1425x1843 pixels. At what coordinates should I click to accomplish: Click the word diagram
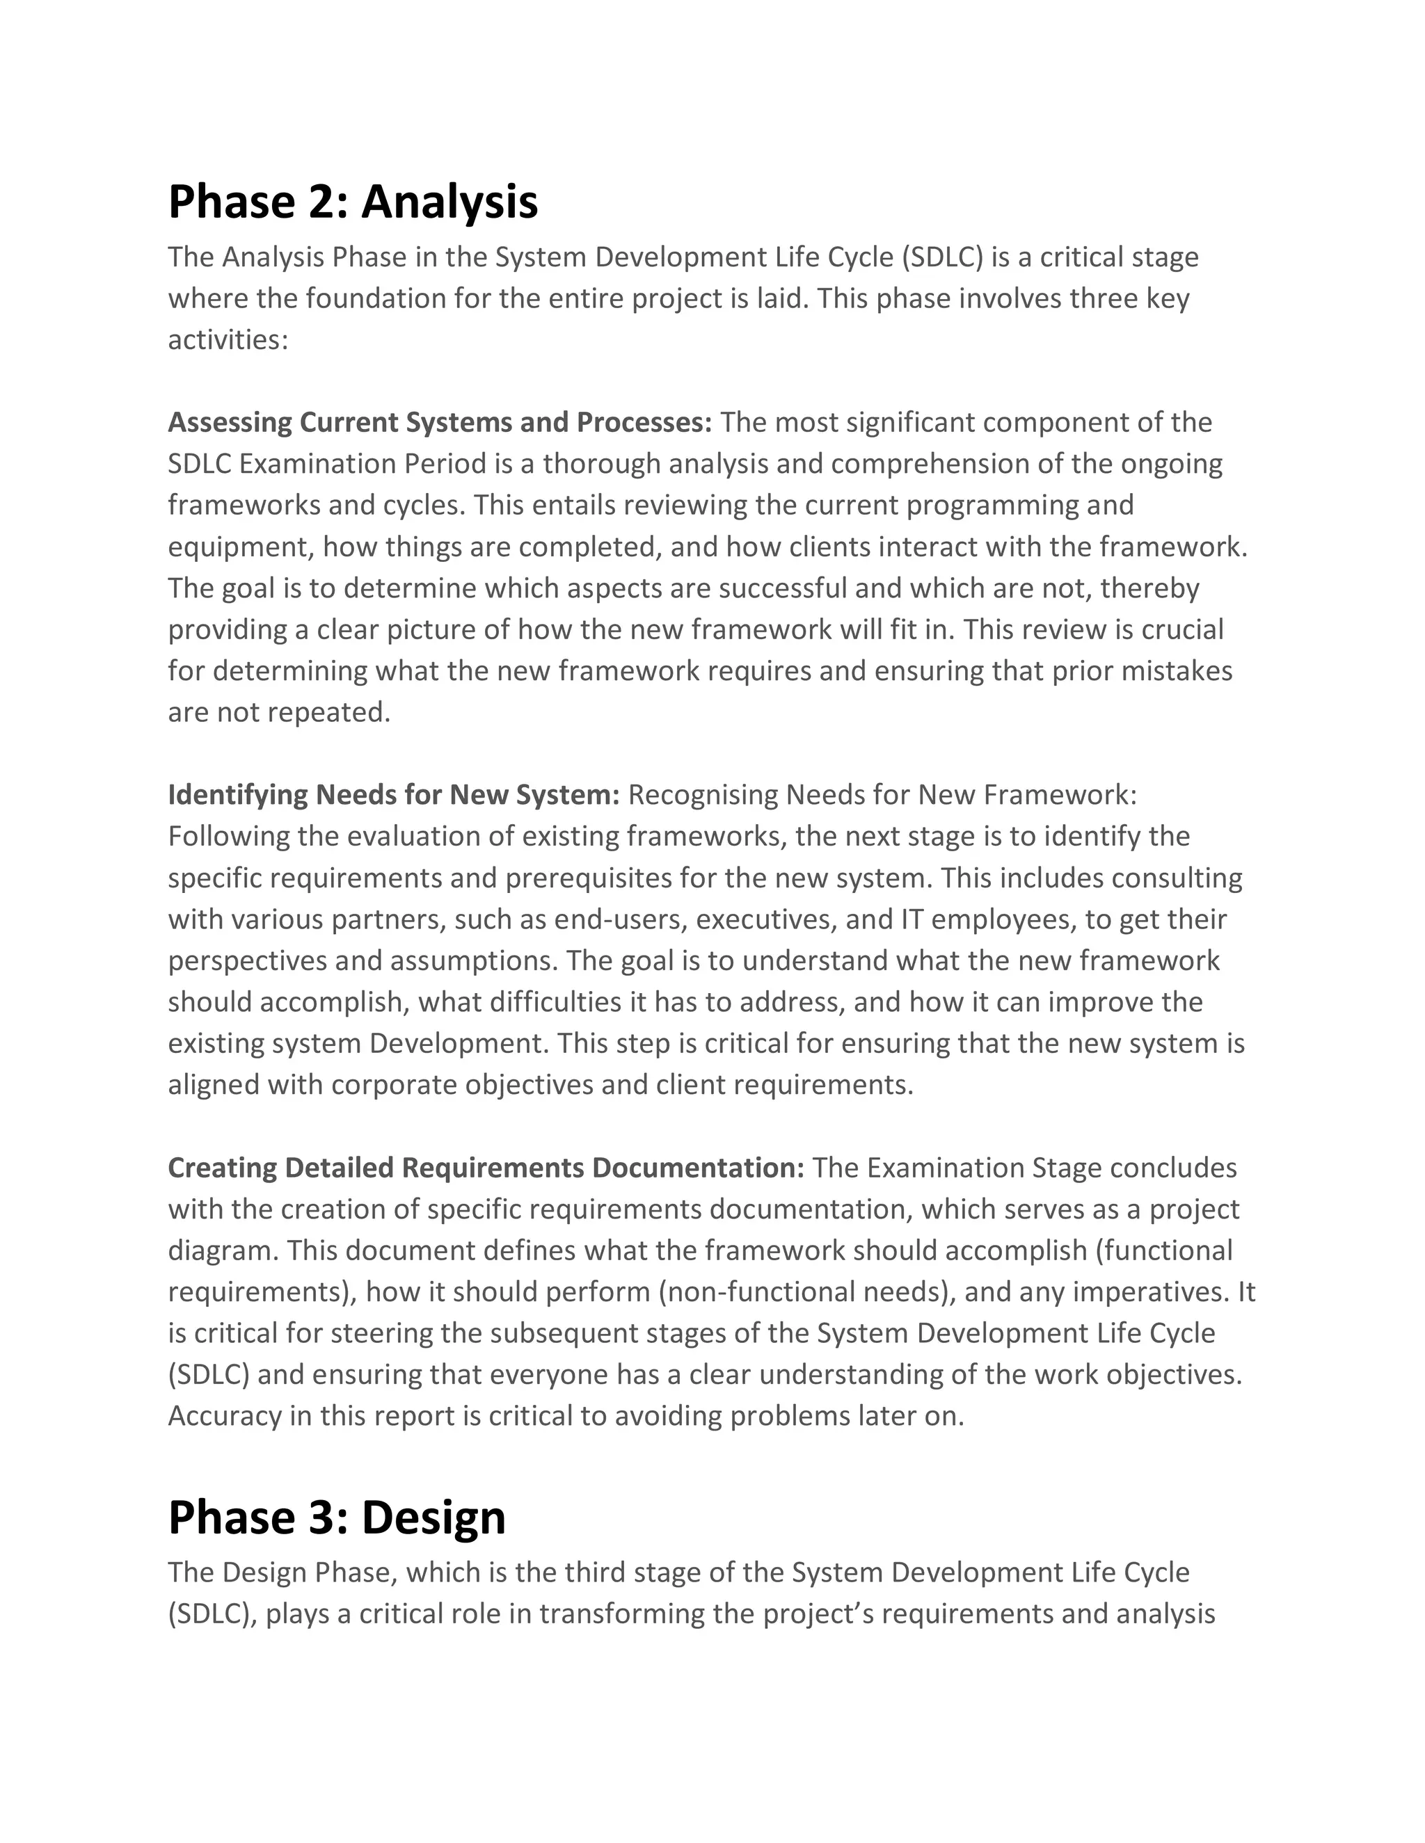coord(221,1250)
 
